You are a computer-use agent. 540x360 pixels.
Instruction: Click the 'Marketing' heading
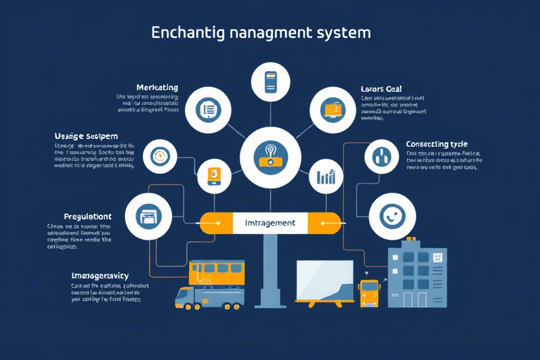157,87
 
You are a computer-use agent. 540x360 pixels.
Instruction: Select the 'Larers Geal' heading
381,89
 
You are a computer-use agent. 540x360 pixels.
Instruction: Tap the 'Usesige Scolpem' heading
86,136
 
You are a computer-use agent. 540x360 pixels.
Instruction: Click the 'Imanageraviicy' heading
100,275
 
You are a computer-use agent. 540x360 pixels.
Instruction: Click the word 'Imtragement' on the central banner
270,223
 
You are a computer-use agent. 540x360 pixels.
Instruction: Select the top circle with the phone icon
271,82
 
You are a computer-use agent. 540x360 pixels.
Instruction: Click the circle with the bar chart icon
326,176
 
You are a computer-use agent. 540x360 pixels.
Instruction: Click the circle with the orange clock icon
160,155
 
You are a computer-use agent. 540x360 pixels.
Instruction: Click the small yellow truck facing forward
368,292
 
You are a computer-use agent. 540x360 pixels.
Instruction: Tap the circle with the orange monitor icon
332,109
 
